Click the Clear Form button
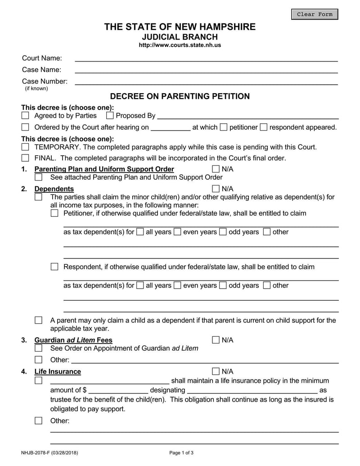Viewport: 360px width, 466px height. point(315,14)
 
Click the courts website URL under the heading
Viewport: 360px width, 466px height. point(180,45)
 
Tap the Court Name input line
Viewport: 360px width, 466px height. point(206,59)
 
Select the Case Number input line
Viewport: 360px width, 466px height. point(206,82)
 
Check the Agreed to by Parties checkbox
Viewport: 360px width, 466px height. point(26,116)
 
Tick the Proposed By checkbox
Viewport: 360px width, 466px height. point(110,116)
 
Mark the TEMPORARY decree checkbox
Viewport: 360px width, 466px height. point(26,147)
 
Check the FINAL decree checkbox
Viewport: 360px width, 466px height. point(26,158)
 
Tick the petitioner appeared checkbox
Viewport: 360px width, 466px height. point(224,127)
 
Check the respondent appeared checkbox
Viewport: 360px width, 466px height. point(264,127)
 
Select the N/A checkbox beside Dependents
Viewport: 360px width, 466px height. point(216,189)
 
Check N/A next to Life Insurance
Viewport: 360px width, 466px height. point(216,371)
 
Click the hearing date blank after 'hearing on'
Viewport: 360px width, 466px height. point(171,128)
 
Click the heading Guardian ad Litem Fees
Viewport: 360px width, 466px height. point(73,340)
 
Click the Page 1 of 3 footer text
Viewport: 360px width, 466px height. point(181,453)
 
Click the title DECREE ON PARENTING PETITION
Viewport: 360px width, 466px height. point(180,96)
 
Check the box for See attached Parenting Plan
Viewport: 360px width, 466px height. point(39,177)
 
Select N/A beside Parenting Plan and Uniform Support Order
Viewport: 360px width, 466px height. point(216,169)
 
